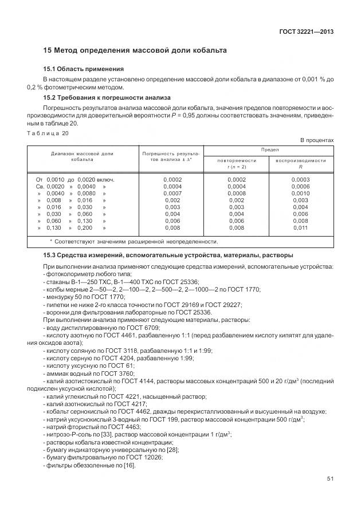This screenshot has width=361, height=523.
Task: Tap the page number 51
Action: pyautogui.click(x=330, y=496)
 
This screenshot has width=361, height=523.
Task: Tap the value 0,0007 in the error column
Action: pyautogui.click(x=172, y=194)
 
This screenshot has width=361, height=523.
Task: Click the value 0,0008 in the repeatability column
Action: pyautogui.click(x=236, y=194)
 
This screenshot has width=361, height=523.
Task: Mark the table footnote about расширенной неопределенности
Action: pyautogui.click(x=126, y=242)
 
